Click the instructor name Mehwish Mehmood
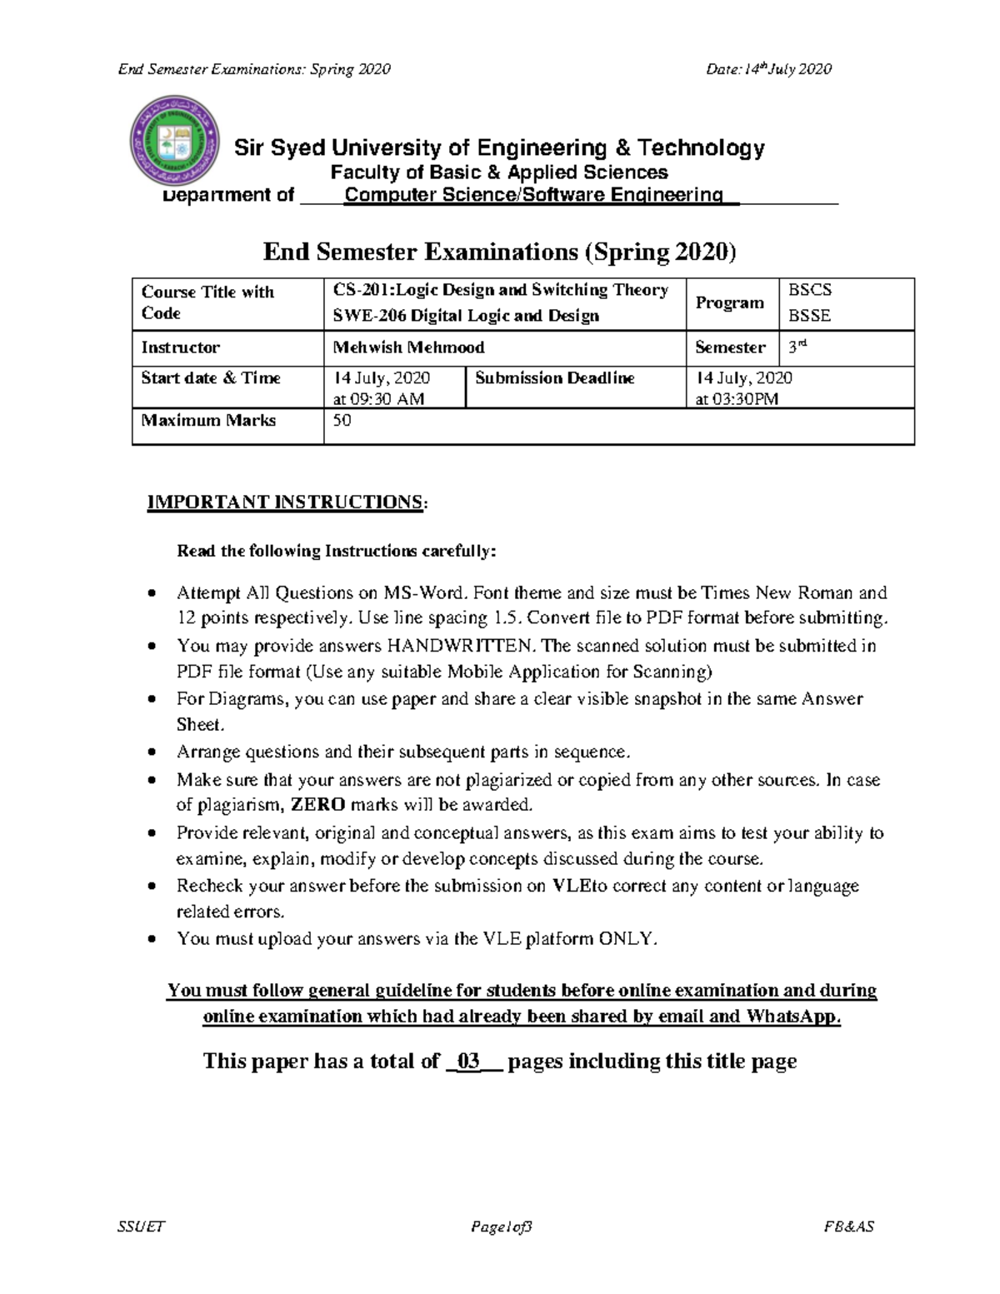(x=408, y=347)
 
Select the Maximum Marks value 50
(x=342, y=421)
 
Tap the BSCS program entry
(x=810, y=290)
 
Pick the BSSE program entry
(x=809, y=316)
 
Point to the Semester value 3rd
(x=798, y=347)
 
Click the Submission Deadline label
(x=554, y=378)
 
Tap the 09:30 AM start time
(x=378, y=399)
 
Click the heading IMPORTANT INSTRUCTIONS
(x=285, y=502)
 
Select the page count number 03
(x=469, y=1061)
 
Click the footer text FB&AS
(x=848, y=1227)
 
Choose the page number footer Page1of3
(x=502, y=1227)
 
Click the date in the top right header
(x=768, y=69)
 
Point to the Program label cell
(x=729, y=302)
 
